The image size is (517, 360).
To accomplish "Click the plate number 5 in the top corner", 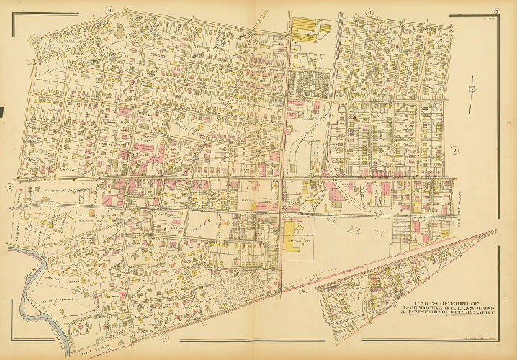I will click(x=496, y=9).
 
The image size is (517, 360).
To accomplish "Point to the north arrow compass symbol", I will click(x=472, y=89).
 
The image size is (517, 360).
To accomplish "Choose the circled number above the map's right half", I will click(x=367, y=10).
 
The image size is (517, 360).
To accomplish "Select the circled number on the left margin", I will click(x=8, y=188).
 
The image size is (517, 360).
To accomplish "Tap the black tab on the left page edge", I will click(x=2, y=112).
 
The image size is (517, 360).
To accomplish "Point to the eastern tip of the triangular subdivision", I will click(x=495, y=231).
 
